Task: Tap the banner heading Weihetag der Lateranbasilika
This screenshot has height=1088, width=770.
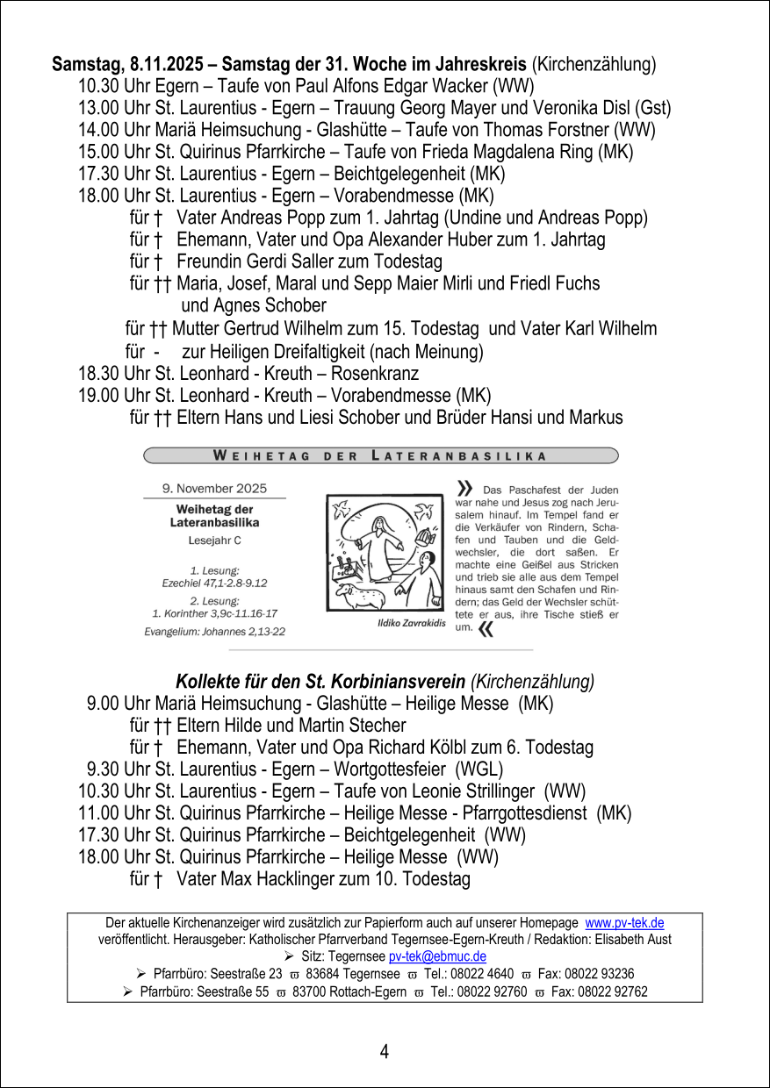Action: [380, 455]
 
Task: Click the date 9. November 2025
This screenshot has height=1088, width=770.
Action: [214, 488]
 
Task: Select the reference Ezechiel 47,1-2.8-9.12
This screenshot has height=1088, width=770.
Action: [214, 582]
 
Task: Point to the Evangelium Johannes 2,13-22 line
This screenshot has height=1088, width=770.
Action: [214, 631]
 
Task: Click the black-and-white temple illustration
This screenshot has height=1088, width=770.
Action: [385, 552]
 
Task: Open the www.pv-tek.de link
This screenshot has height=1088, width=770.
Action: [624, 923]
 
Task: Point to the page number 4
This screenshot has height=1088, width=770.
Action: [385, 1051]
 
